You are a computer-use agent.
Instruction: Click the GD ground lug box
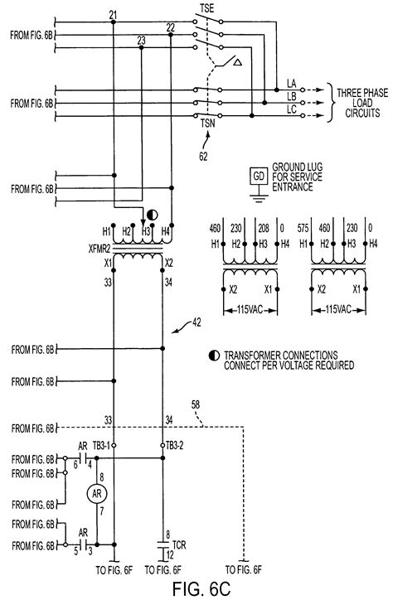tap(259, 177)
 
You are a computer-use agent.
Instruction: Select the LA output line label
tap(292, 81)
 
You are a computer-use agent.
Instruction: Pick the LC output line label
tap(292, 109)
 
